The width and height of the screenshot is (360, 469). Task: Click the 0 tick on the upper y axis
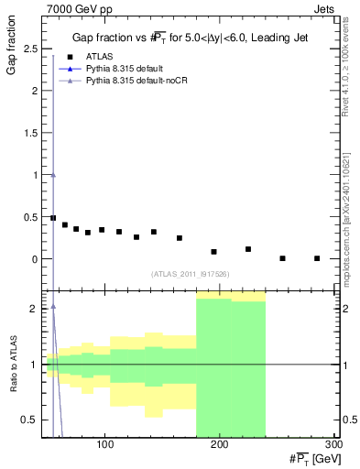pos(37,259)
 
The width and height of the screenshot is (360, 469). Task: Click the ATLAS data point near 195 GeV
pos(213,251)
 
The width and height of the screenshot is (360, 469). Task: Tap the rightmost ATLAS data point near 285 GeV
pos(317,258)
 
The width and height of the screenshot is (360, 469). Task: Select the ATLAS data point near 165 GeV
pos(180,238)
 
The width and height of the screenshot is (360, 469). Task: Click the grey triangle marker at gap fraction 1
pos(53,175)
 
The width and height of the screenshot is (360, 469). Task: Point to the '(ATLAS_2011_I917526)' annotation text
pos(190,274)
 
